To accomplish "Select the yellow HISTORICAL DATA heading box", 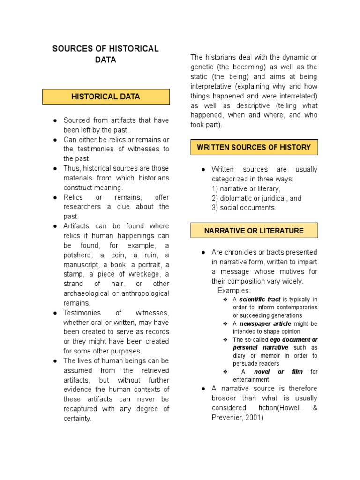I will (x=105, y=97).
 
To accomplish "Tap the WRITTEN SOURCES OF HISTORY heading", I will (x=254, y=147).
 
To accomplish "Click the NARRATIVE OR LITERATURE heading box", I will (x=254, y=231).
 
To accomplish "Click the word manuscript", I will (x=81, y=264).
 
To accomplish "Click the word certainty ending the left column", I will (x=77, y=419).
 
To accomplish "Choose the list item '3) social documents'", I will (x=244, y=208).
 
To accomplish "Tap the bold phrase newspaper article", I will (x=265, y=324).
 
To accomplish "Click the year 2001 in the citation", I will (x=253, y=417).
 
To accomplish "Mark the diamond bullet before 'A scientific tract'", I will (x=225, y=300).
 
